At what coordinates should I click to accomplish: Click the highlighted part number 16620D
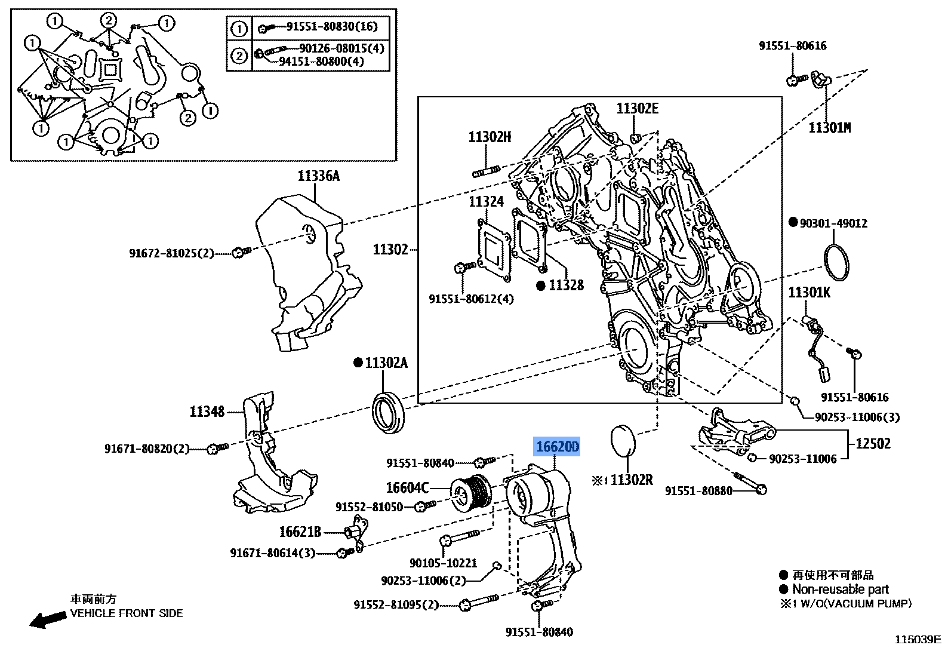click(x=557, y=447)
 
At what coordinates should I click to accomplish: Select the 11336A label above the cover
click(x=318, y=176)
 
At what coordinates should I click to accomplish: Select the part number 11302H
click(x=490, y=137)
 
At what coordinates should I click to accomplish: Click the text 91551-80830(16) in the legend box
click(x=332, y=27)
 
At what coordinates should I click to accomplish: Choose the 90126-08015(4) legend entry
click(x=342, y=48)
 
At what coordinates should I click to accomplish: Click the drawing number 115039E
click(x=917, y=640)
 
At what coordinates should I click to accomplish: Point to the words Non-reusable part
click(x=840, y=589)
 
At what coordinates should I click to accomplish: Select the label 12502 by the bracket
click(x=873, y=443)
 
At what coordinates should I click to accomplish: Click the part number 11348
click(x=207, y=412)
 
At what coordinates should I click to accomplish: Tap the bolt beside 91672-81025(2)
click(x=242, y=252)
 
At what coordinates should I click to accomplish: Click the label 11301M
click(x=829, y=127)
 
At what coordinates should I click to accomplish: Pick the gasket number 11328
click(x=565, y=285)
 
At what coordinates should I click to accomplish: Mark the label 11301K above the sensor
click(x=809, y=293)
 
